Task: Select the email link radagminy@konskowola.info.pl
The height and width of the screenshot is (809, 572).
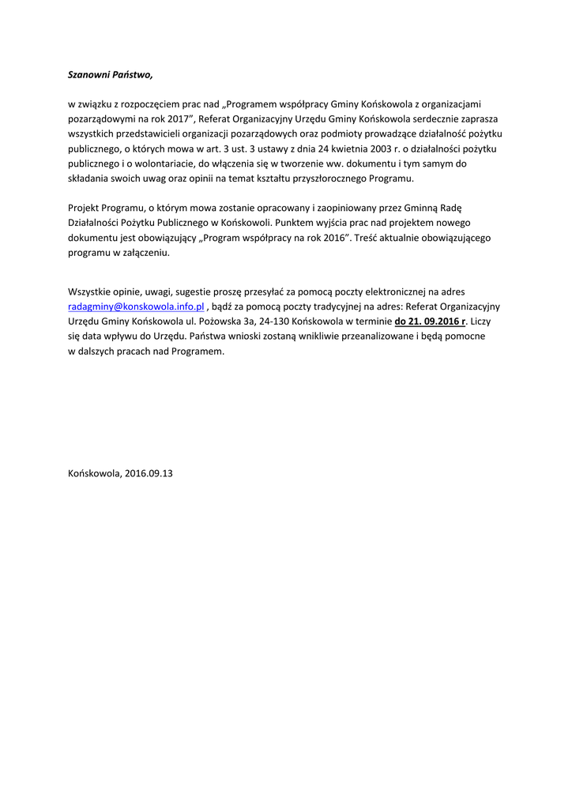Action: [137, 306]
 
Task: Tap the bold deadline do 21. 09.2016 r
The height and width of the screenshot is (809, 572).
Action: [431, 321]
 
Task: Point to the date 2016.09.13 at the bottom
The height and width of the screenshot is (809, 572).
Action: [149, 474]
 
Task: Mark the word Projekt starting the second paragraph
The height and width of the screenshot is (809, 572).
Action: [85, 208]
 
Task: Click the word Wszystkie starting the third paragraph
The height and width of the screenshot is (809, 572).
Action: [91, 291]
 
